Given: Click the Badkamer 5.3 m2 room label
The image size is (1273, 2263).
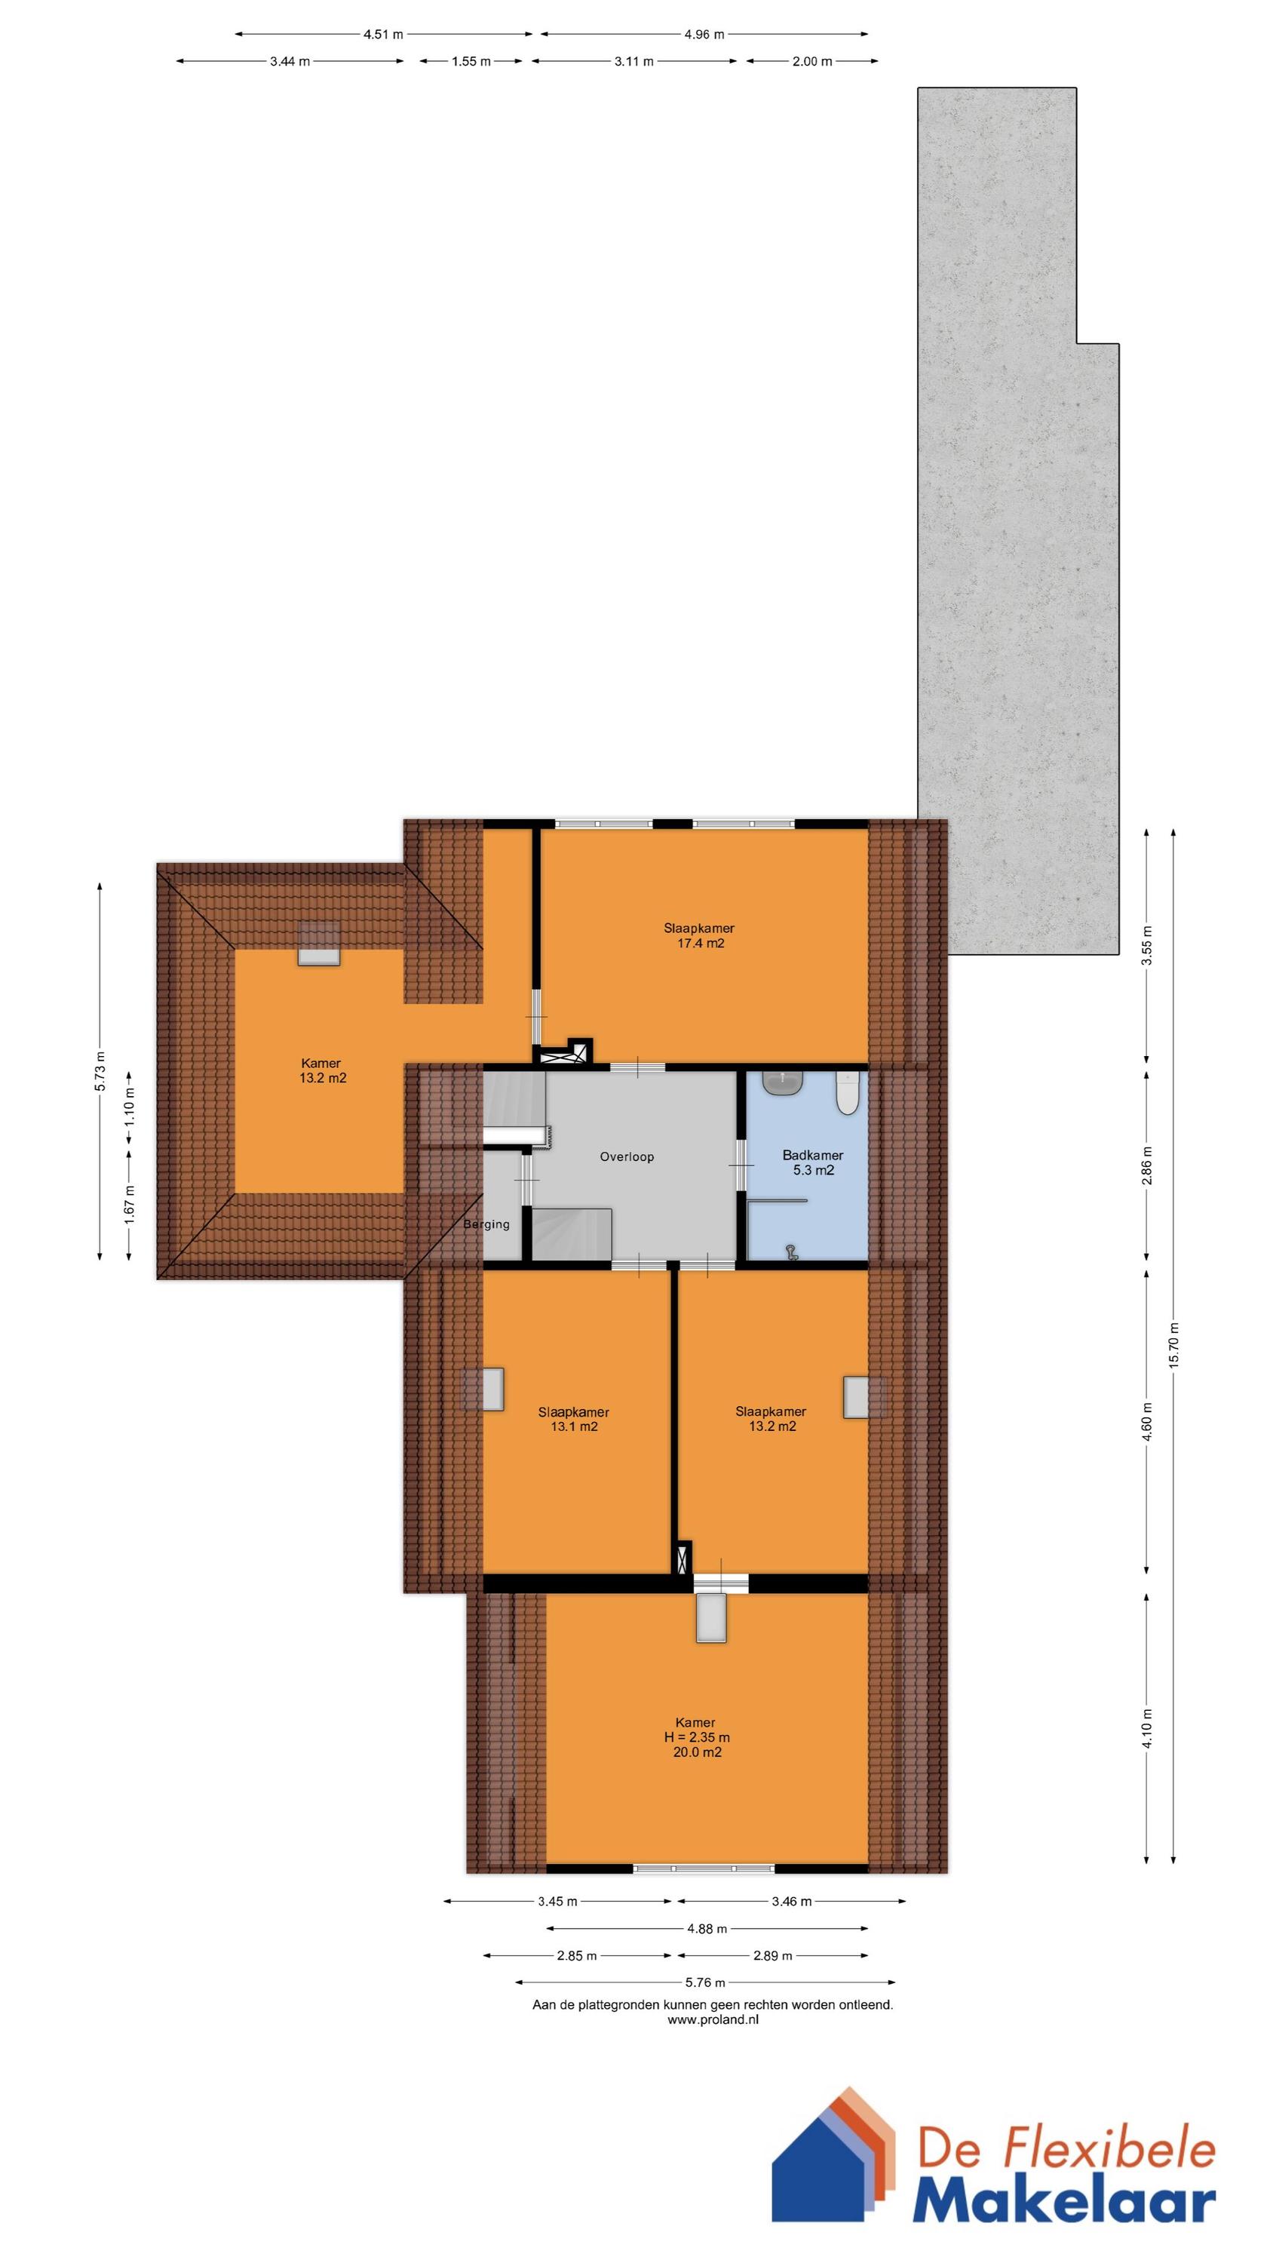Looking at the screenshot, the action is pyautogui.click(x=811, y=1162).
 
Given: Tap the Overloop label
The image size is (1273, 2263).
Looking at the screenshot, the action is pyautogui.click(x=627, y=1157).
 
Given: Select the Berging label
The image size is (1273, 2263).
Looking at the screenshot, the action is pyautogui.click(x=486, y=1224).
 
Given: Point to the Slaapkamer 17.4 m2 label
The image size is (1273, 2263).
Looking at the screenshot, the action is pyautogui.click(x=698, y=935).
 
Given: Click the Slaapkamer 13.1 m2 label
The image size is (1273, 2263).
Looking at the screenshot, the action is pyautogui.click(x=573, y=1419).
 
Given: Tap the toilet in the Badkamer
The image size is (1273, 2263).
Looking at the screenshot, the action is pyautogui.click(x=846, y=1093).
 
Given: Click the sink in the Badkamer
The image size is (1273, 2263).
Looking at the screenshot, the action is pyautogui.click(x=783, y=1082).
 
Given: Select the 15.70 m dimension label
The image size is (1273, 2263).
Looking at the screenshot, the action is pyautogui.click(x=1173, y=1343).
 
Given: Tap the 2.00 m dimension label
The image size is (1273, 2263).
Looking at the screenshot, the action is pyautogui.click(x=811, y=62).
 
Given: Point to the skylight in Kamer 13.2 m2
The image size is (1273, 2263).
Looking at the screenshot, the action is pyautogui.click(x=318, y=944).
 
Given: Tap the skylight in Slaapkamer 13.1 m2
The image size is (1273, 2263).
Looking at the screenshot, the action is pyautogui.click(x=483, y=1389).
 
